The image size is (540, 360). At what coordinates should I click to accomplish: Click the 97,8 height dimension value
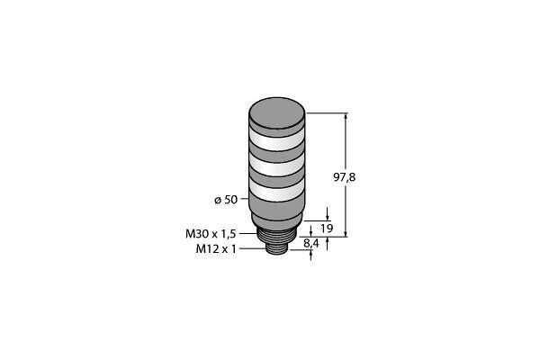(x=344, y=177)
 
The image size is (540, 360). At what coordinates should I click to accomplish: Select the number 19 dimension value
(x=327, y=228)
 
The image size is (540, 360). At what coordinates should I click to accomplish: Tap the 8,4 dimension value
(x=311, y=244)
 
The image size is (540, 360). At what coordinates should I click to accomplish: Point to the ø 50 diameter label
(x=226, y=200)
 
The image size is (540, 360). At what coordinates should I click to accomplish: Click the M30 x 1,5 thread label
(x=211, y=234)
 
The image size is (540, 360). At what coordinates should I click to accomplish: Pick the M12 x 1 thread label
(x=216, y=248)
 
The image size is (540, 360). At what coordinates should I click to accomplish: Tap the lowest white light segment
(x=277, y=191)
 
